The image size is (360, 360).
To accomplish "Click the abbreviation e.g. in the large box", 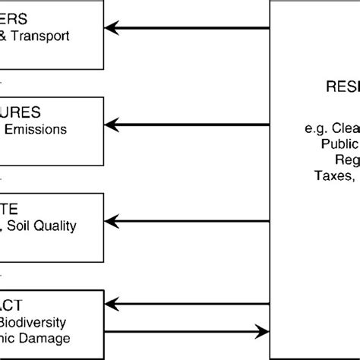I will pos(307,128).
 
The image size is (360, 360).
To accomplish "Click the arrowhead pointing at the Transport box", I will pos(111,29).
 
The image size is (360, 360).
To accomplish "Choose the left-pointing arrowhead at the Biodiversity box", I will pos(111,308).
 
